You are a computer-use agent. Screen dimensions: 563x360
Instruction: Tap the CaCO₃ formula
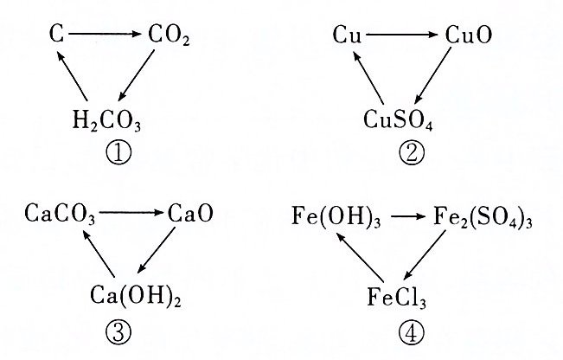coord(61,213)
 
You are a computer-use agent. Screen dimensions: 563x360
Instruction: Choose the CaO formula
coord(190,212)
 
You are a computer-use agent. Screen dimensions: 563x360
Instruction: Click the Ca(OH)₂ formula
coord(130,298)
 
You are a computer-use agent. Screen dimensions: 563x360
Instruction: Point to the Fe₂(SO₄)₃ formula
coord(481,214)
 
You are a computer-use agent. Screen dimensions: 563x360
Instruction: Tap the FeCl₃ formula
coord(397,299)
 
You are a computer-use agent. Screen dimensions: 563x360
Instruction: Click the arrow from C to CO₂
coord(105,35)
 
